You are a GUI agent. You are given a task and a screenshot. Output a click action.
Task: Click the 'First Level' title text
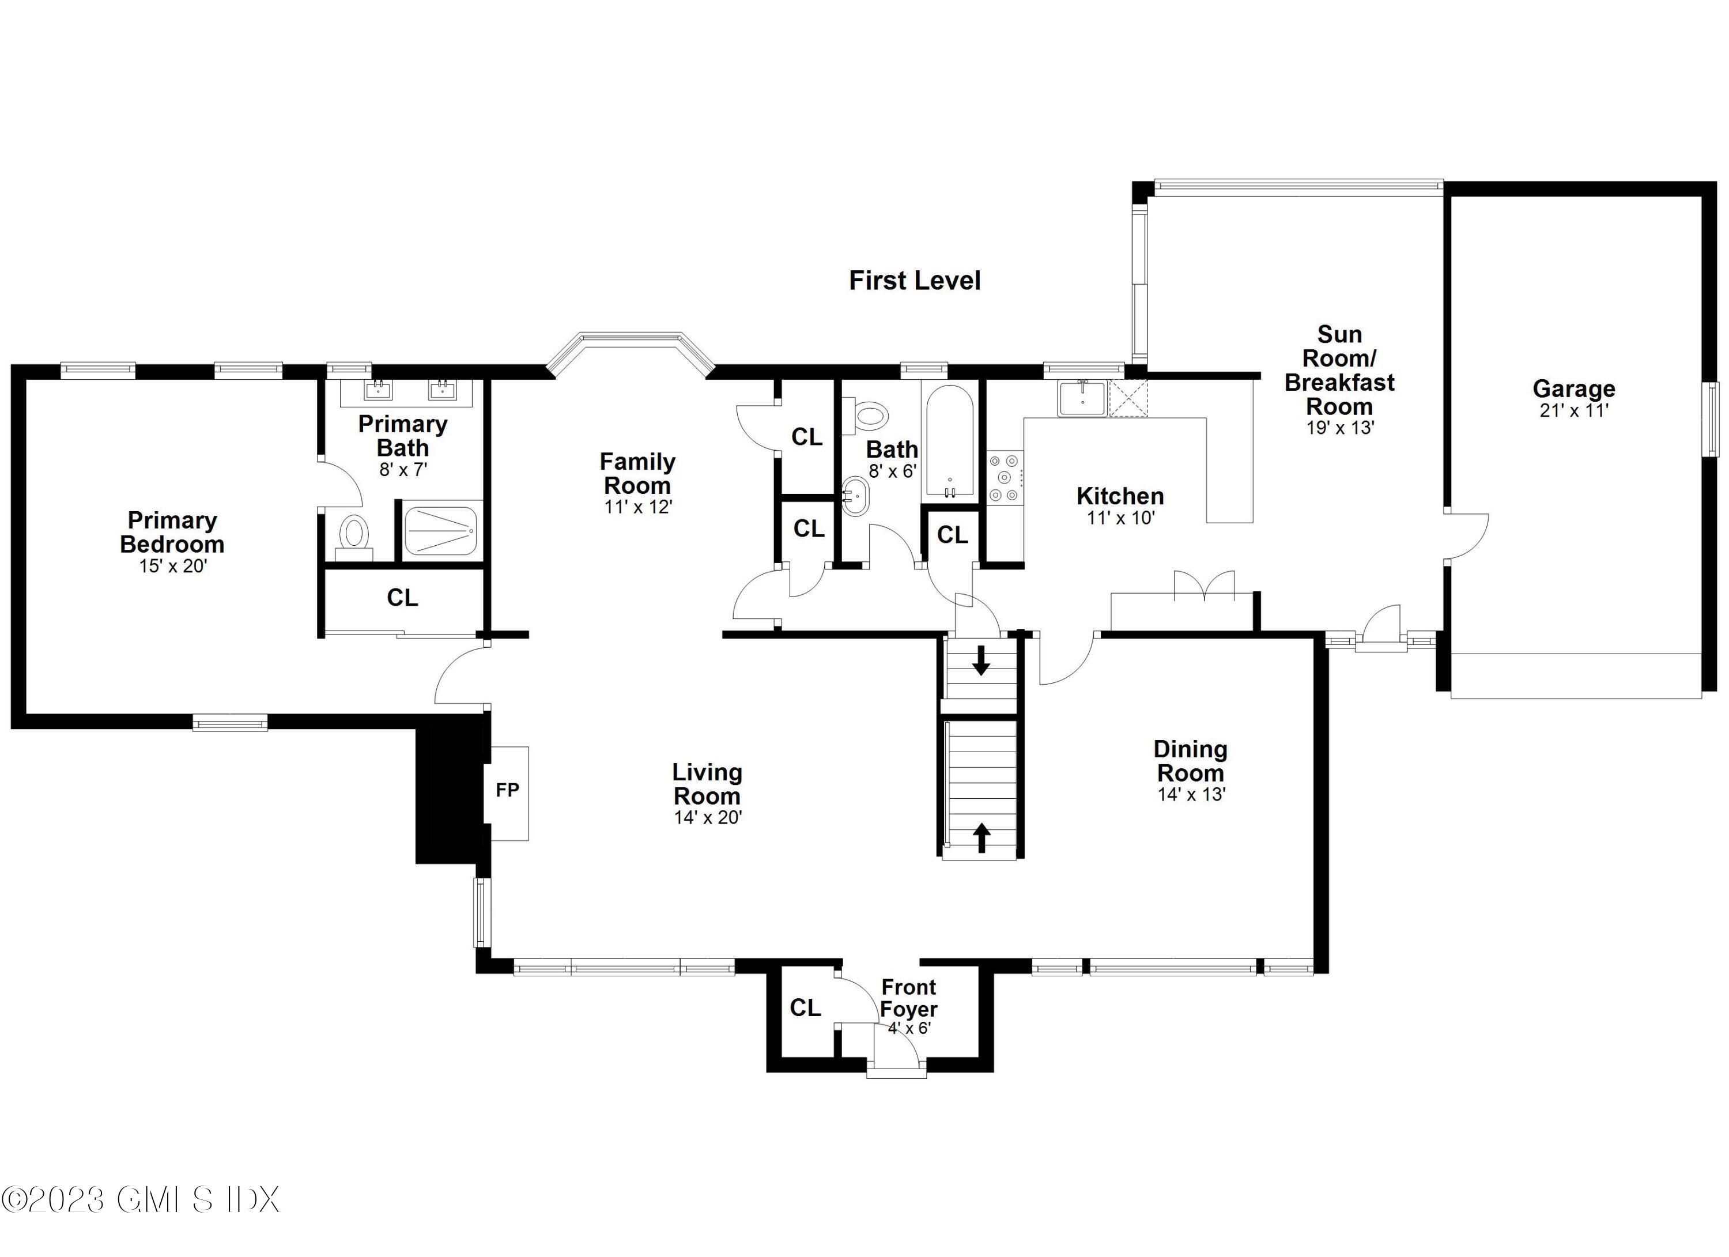click(914, 281)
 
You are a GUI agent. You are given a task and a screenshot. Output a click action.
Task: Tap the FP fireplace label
click(507, 791)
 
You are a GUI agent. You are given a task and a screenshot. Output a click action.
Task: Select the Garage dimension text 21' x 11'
click(1573, 411)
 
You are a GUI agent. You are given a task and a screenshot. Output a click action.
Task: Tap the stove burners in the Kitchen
click(1005, 478)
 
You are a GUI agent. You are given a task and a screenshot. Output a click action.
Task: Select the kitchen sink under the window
click(1082, 398)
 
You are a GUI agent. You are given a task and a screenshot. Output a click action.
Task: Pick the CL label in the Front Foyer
click(805, 1008)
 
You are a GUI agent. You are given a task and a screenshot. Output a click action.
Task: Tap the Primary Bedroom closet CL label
click(402, 598)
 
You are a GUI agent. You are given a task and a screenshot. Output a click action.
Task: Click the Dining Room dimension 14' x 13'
click(1191, 794)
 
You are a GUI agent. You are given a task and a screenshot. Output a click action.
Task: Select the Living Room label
click(707, 784)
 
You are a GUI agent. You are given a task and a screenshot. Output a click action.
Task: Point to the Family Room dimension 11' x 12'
click(638, 507)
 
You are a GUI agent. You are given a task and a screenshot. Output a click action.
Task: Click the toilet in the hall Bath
click(870, 416)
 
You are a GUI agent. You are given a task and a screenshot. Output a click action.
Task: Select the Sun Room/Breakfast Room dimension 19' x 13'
click(1339, 428)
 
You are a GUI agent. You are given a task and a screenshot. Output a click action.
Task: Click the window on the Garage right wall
click(1712, 419)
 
